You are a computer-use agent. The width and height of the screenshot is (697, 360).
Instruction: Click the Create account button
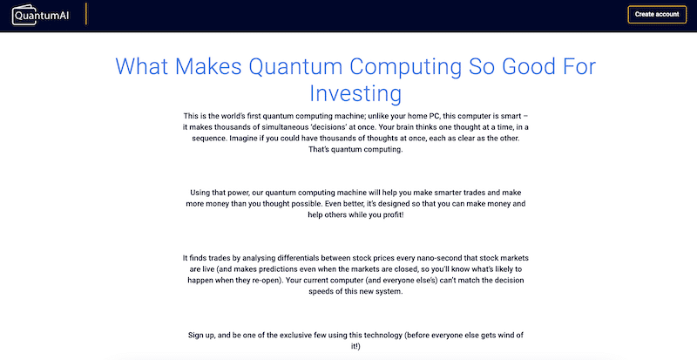coord(657,14)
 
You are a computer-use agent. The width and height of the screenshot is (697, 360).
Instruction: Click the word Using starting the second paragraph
coord(202,191)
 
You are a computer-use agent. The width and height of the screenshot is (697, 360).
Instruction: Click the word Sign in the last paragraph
coord(198,335)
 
